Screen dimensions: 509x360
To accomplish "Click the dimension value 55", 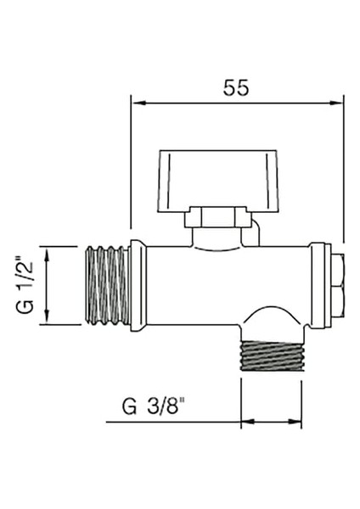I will [x=237, y=87].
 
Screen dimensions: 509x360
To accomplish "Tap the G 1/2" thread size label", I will [x=27, y=284].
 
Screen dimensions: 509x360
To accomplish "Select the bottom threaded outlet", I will [x=272, y=357].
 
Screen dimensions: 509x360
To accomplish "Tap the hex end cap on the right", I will [x=338, y=284].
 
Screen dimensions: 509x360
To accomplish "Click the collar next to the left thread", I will [x=138, y=285].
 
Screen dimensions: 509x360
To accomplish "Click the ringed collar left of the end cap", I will [x=320, y=284].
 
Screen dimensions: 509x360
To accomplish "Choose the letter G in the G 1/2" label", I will [x=27, y=306].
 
